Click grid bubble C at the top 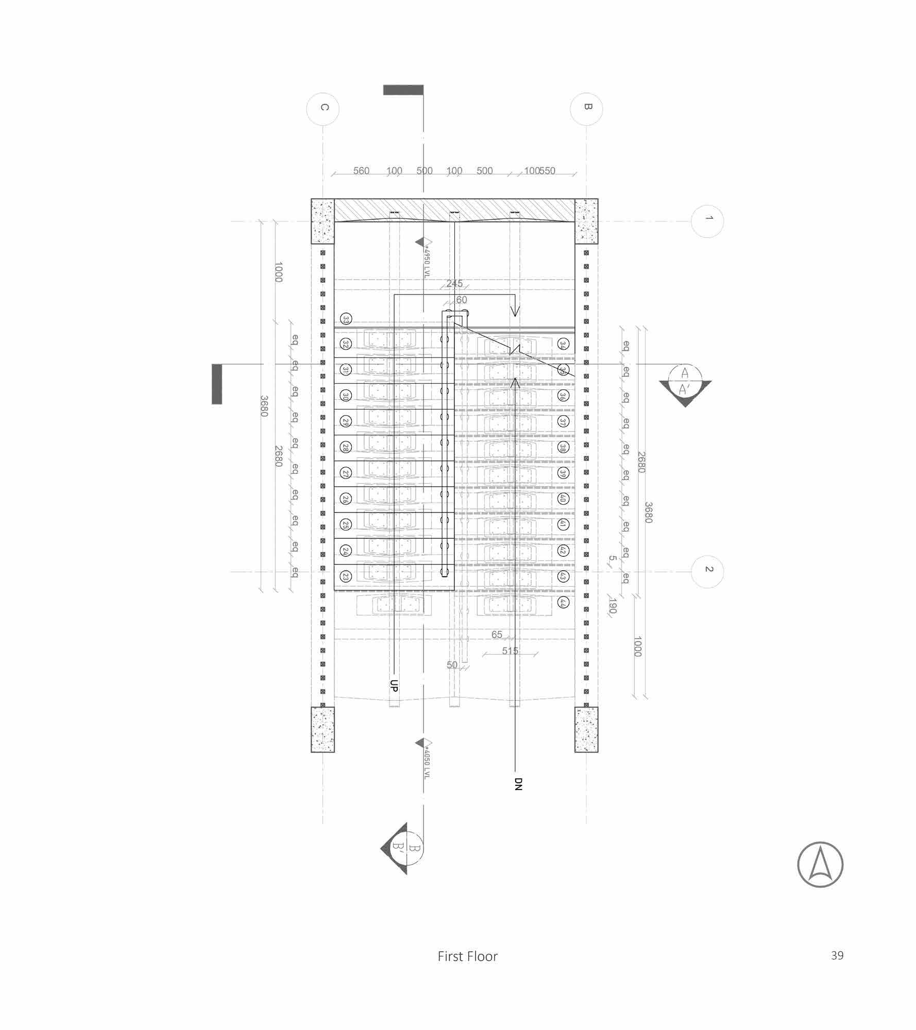pos(323,109)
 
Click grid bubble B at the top pos(586,109)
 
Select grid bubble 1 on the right pos(708,221)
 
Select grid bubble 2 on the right pos(708,571)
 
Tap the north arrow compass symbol pos(820,865)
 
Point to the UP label pos(394,685)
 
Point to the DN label pos(518,783)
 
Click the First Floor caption pos(467,956)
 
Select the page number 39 pos(837,955)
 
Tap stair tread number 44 pos(563,603)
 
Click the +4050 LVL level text pos(426,760)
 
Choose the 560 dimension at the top pos(361,171)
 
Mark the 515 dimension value pos(510,651)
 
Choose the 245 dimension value pos(454,284)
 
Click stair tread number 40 pos(563,499)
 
